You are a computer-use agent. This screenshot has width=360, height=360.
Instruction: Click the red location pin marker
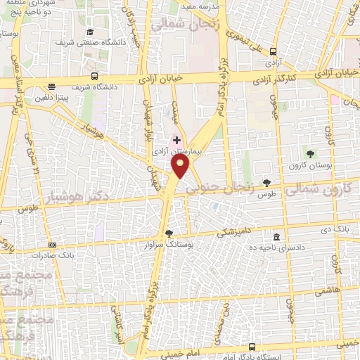[181, 167]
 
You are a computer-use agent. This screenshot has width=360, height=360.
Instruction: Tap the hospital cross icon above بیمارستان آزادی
[176, 140]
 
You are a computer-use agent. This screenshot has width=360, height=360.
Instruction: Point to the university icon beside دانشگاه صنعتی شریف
[90, 32]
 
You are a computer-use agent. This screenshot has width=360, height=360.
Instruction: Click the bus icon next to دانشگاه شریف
[94, 77]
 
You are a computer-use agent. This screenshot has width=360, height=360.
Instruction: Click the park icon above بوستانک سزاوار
[168, 234]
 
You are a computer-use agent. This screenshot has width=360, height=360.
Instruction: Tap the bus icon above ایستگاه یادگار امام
[252, 347]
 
